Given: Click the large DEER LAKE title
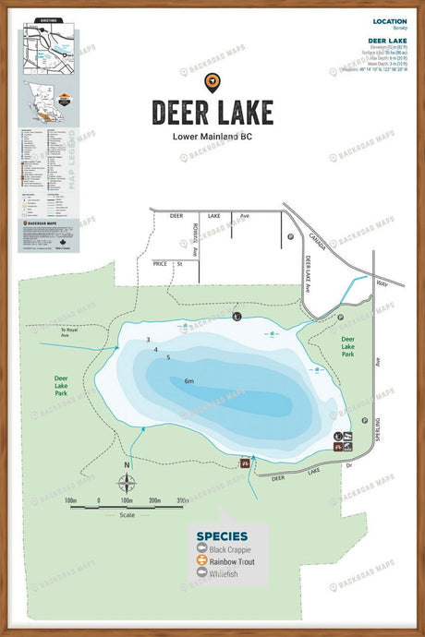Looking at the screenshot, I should [212, 112].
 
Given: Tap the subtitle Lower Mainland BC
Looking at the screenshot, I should [212, 136].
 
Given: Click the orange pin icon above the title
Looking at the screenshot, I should [212, 82].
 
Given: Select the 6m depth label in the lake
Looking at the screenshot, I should [189, 381].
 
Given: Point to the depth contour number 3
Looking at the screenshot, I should [148, 340].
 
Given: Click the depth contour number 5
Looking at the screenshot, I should [168, 357].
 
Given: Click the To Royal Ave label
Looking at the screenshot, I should [70, 332].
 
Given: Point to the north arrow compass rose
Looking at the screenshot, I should [127, 482].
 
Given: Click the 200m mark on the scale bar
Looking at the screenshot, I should [154, 500].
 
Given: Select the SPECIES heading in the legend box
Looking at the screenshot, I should [222, 535].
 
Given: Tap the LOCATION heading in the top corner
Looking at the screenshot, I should [389, 20].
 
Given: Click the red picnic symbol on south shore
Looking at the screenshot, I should [245, 462].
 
